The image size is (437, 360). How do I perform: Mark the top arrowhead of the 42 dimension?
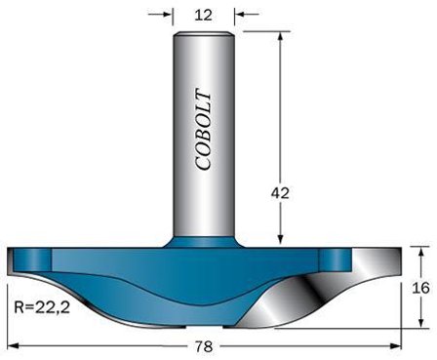coord(281,34)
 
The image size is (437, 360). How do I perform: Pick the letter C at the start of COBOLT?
coord(203,163)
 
